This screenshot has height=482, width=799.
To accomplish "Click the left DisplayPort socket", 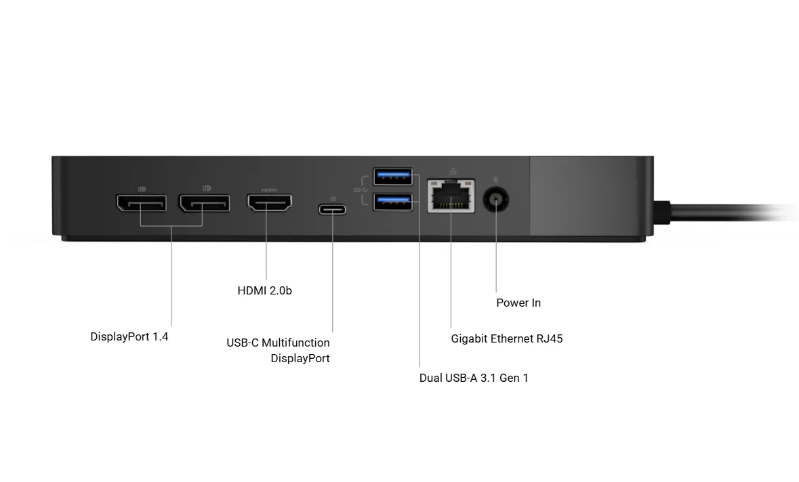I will point(141,202).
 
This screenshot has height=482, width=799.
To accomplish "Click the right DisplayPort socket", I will point(204,202).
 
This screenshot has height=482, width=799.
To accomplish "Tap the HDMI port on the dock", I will point(269,203).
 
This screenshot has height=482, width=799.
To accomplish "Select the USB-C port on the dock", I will point(332,209).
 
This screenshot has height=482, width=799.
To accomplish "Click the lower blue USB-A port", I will point(392,200).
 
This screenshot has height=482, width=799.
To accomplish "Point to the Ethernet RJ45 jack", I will point(451,196).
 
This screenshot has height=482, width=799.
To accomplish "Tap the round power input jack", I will point(496,200).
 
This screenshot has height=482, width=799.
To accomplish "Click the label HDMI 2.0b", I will point(264,290).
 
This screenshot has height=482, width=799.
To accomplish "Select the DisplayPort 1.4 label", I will point(129,336).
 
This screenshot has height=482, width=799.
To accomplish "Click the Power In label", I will point(518,303).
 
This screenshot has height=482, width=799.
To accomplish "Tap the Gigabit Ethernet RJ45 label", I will point(507,338).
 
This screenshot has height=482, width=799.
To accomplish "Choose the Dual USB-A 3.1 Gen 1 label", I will point(474,378).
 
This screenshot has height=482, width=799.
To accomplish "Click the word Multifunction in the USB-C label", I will point(295,343).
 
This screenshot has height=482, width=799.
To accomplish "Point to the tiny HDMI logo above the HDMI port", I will point(269,190).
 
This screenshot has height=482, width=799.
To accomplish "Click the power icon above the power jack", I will point(496,179).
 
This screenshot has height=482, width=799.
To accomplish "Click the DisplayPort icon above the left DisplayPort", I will point(142,188).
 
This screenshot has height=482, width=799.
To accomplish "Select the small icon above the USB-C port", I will point(332,198).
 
